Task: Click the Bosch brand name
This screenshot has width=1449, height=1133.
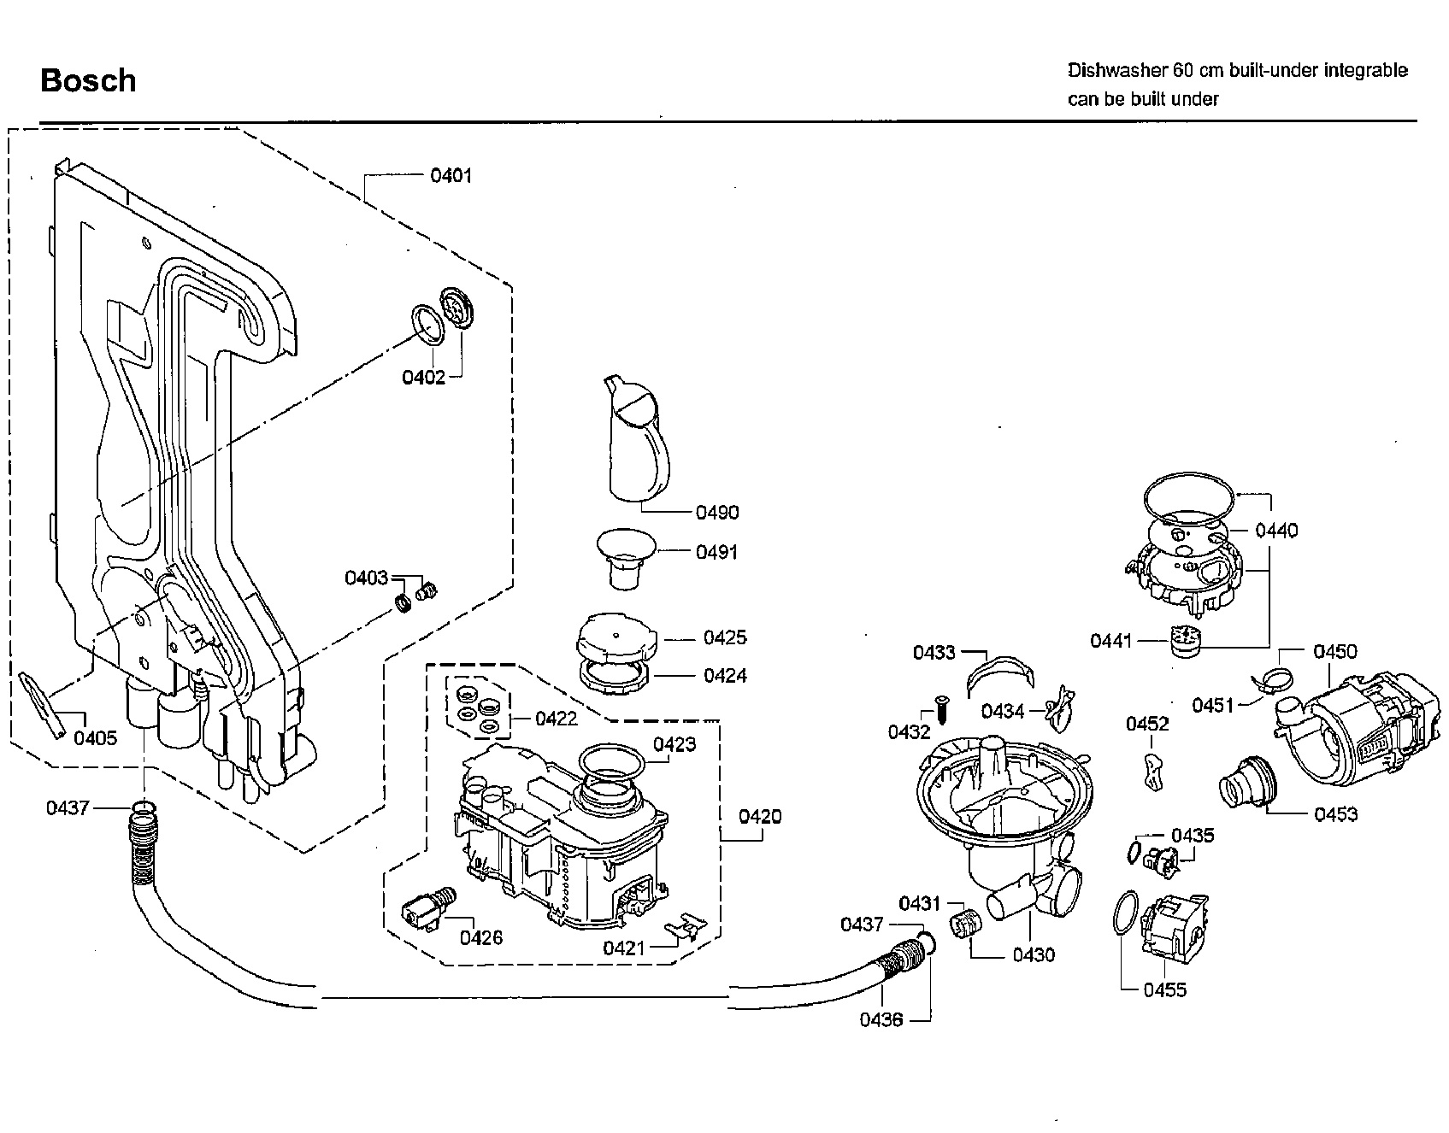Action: point(88,80)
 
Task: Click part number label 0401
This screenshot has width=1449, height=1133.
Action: point(451,176)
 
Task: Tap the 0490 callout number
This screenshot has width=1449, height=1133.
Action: point(716,513)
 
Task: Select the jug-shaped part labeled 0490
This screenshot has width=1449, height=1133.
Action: point(638,440)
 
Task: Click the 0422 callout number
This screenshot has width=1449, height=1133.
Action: point(557,719)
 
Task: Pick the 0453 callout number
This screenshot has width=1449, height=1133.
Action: point(1335,814)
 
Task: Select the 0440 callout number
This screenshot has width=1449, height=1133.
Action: point(1275,531)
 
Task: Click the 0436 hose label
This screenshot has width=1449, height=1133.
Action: point(881,1020)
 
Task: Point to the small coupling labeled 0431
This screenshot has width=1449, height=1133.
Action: point(964,924)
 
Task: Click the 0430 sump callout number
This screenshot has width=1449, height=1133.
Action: point(1034,954)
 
